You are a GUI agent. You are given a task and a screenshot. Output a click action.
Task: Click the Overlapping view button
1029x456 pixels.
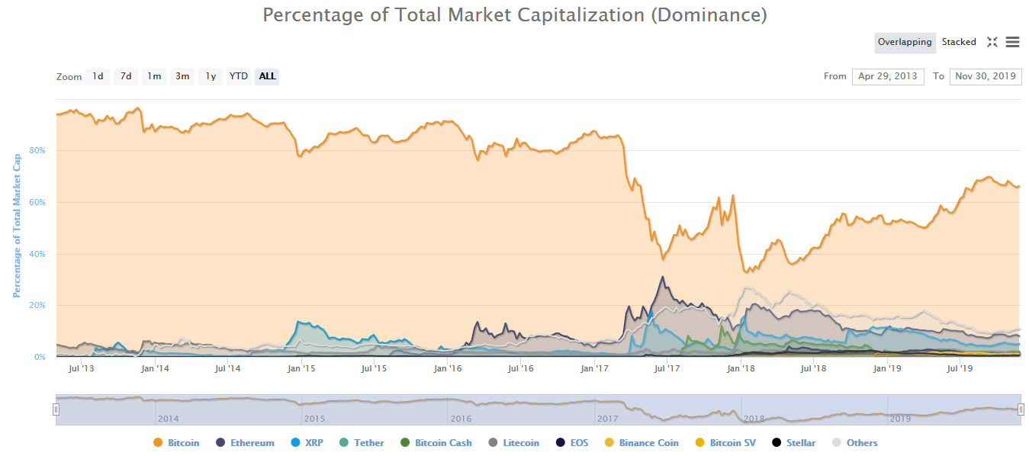[905, 43]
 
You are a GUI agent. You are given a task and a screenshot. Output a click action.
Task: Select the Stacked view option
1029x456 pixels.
[959, 43]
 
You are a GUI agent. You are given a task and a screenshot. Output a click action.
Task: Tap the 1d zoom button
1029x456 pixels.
[98, 76]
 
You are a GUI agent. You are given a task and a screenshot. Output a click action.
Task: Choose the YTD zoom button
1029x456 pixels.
[239, 76]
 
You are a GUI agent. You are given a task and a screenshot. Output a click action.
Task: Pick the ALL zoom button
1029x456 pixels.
[268, 76]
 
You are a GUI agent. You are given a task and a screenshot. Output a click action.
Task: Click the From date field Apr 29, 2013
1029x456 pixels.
[888, 76]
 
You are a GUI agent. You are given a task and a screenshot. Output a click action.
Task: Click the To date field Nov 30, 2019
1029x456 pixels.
[985, 76]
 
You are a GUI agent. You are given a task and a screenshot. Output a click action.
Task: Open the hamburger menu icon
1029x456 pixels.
[1012, 43]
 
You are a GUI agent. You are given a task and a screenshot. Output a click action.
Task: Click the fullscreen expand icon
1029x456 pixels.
[992, 43]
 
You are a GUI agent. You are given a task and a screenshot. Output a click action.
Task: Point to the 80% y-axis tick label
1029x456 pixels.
[37, 151]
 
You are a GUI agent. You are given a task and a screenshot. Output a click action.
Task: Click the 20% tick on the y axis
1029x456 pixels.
[37, 306]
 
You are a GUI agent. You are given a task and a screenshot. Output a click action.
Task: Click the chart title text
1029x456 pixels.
[514, 15]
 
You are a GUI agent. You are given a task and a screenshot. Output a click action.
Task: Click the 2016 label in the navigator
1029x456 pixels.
[461, 419]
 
